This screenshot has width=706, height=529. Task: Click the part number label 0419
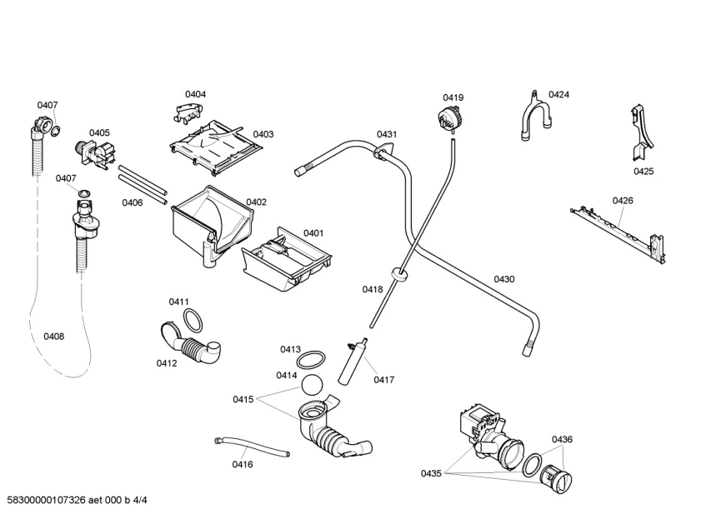coord(453,97)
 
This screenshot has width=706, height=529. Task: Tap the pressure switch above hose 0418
coord(450,119)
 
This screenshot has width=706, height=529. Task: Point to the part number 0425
coord(643,172)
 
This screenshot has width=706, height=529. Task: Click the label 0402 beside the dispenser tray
coord(256,202)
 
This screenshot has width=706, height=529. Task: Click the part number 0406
coord(132,202)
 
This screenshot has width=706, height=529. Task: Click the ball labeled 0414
coord(311,384)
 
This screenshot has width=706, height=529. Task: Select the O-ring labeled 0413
coord(311,360)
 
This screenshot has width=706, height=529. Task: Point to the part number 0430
coord(503,279)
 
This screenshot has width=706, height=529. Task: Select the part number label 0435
coord(431,473)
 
